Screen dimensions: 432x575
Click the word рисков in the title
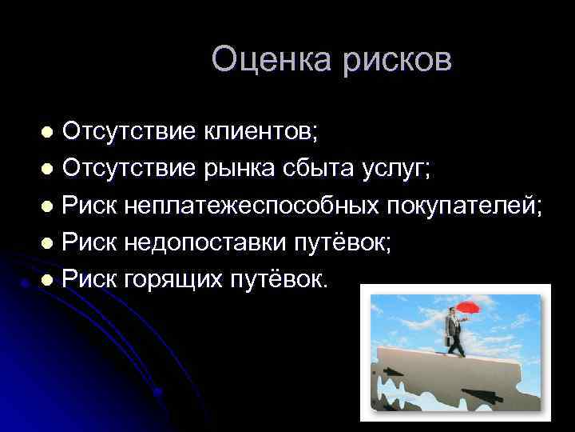(x=392, y=60)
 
